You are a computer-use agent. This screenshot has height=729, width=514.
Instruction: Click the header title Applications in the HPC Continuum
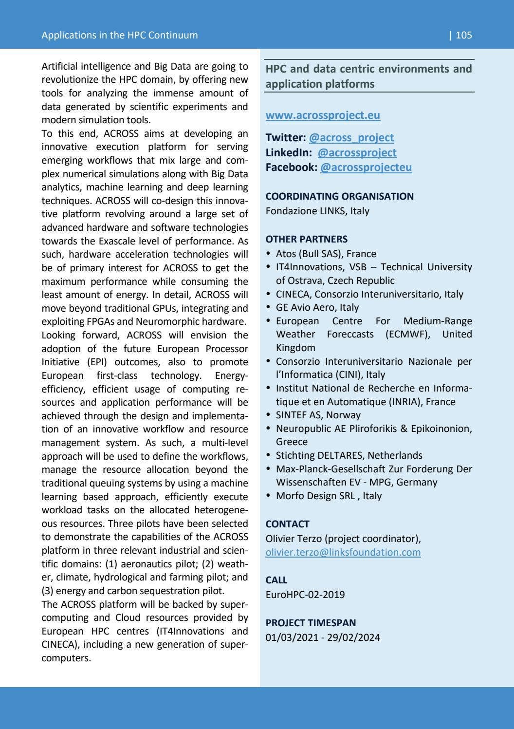coord(120,35)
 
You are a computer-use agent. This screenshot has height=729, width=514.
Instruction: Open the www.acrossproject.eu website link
coord(323,115)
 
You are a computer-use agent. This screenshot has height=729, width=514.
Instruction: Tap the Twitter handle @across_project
coord(351,138)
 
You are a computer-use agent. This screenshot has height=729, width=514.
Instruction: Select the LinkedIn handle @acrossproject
coord(357,153)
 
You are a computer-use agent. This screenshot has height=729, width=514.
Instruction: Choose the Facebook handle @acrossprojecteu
coord(366,168)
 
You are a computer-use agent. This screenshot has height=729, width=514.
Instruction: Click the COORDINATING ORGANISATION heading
coord(339,196)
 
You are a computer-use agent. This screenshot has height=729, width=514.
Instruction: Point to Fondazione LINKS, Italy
coord(317,211)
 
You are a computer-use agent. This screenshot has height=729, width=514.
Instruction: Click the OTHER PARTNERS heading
coord(306,239)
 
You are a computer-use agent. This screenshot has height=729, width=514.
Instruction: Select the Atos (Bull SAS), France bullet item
coord(326,254)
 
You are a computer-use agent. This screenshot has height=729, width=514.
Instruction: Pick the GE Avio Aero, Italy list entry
coord(317,308)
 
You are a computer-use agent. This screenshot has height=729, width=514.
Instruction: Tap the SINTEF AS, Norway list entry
coord(318,415)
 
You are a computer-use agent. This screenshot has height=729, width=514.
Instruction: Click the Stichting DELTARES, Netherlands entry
coord(349,456)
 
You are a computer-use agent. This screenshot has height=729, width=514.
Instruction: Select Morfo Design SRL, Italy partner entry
coord(329,496)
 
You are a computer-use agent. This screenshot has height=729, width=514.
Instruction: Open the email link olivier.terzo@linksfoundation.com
coord(343,553)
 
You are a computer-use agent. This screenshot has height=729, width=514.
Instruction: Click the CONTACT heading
coord(287,524)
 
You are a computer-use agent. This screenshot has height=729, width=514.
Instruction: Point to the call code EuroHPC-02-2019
coord(305,595)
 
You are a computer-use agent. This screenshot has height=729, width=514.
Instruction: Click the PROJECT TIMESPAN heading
coord(311,623)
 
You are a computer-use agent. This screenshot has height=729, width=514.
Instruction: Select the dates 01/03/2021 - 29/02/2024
coord(323,638)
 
